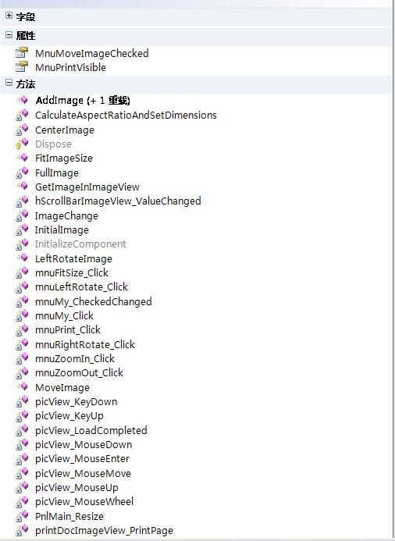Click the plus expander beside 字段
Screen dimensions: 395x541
tap(9, 16)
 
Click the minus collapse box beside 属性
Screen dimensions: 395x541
tap(9, 34)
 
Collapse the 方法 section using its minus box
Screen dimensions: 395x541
tap(9, 83)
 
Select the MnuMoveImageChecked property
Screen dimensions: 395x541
tap(92, 53)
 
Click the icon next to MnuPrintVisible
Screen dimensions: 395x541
tap(21, 66)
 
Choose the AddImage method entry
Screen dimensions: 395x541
tap(83, 101)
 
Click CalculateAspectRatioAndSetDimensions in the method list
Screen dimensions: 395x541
tap(126, 116)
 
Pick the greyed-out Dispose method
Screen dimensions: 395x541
tap(53, 144)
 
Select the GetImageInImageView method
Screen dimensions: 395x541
tap(87, 187)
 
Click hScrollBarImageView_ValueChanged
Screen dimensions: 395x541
tap(118, 201)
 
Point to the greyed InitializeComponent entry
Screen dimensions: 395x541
tap(80, 244)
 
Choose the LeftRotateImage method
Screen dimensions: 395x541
tap(73, 258)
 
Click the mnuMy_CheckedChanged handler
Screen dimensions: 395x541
tap(94, 301)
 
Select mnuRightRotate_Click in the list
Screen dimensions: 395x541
tap(85, 344)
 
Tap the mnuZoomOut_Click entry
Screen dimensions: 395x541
tap(79, 372)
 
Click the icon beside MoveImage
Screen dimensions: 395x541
tap(22, 386)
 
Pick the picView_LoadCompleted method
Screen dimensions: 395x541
tap(91, 430)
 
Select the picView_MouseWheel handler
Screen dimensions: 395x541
tap(84, 502)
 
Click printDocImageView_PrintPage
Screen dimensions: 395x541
tap(104, 531)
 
